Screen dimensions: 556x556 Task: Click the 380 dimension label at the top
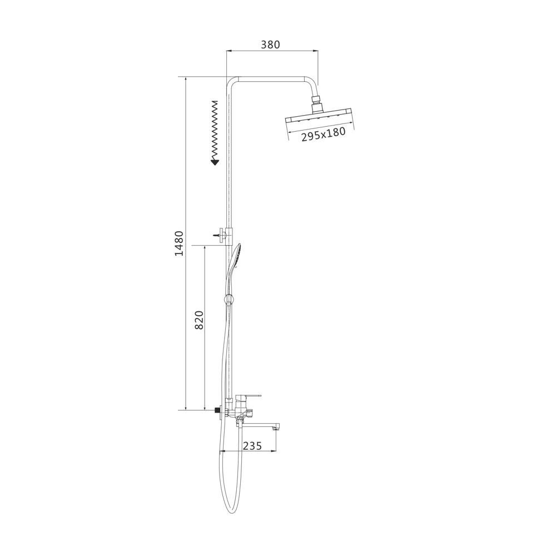[x=270, y=44]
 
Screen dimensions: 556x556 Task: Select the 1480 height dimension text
[x=180, y=244]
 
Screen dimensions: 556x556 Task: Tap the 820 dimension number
[x=199, y=320]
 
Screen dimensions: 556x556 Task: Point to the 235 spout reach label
[x=252, y=445]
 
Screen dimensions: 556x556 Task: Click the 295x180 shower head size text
[x=324, y=135]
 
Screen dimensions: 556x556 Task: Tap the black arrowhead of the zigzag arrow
[x=215, y=162]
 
